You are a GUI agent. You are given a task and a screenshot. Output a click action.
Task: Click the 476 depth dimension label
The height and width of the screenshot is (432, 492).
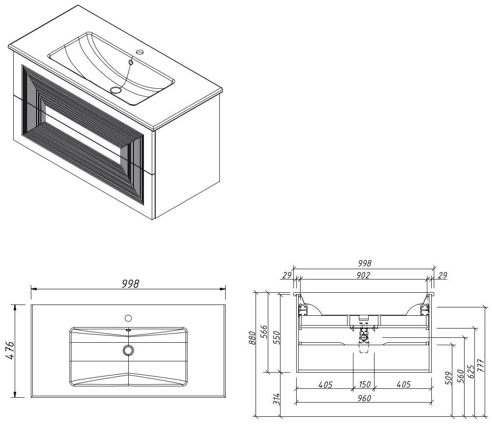coord(10,350)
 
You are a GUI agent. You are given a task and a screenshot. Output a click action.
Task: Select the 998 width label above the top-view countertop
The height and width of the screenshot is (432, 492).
coord(130,284)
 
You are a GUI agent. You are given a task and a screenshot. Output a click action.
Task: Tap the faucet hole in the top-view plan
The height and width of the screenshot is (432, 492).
coord(128,318)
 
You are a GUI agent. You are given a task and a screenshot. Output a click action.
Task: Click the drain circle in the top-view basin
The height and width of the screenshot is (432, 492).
coord(128,350)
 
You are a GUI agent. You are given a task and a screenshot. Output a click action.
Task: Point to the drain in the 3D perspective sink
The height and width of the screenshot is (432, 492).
coord(116,90)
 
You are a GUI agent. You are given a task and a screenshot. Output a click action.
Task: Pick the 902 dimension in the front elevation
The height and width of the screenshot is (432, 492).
coord(363,275)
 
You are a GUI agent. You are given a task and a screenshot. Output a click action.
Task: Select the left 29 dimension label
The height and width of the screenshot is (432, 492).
coord(287,275)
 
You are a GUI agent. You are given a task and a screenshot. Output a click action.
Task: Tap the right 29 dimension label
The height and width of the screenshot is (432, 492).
coord(442,276)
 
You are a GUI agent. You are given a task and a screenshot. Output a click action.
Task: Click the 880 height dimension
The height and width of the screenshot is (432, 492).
coord(252,338)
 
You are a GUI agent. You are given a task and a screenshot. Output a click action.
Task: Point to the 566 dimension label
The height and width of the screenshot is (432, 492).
coord(264,332)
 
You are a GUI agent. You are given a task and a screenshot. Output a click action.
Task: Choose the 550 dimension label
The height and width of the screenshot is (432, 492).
coord(276,337)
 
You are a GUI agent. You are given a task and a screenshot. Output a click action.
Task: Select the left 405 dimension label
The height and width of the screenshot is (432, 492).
coord(326,384)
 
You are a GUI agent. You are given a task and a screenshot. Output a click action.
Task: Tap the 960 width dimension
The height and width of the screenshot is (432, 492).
coord(364,398)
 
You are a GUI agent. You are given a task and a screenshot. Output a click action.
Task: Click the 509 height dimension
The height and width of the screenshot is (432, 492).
coord(449,378)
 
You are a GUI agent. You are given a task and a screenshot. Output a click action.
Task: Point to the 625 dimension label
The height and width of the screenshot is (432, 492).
coord(470,371)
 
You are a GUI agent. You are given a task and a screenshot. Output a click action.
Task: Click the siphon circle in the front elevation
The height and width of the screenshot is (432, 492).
coord(364,338)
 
